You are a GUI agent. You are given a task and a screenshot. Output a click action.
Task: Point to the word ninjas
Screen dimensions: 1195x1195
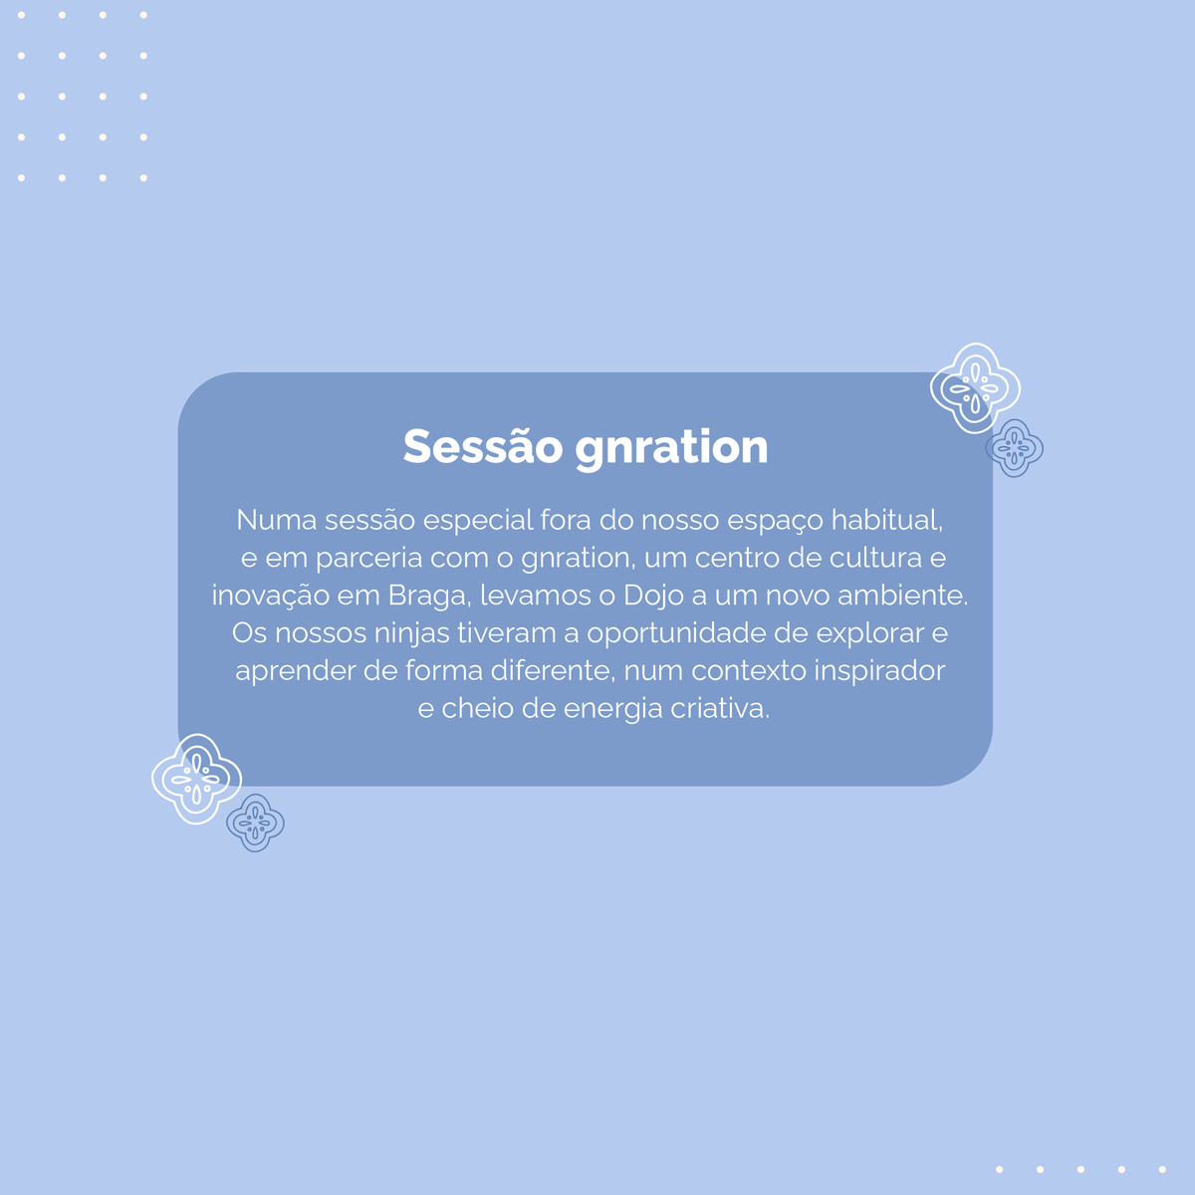click(x=411, y=634)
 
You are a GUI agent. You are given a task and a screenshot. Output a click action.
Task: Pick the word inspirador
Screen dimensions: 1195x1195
click(x=879, y=671)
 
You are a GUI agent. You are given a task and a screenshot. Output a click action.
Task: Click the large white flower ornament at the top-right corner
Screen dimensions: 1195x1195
click(x=975, y=388)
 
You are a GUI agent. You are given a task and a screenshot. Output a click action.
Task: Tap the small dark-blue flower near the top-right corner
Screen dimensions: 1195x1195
click(x=1015, y=448)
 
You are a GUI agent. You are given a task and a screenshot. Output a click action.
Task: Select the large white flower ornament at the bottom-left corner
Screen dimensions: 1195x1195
click(x=196, y=779)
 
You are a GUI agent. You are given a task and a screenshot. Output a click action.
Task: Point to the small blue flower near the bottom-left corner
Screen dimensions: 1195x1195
click(x=255, y=823)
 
